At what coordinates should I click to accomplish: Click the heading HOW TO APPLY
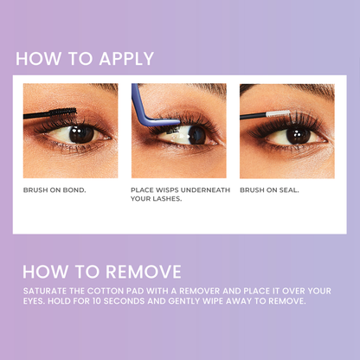84,59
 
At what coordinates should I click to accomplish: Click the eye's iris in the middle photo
197,134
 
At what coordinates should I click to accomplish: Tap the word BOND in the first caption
74,190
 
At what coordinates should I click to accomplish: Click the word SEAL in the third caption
289,190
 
